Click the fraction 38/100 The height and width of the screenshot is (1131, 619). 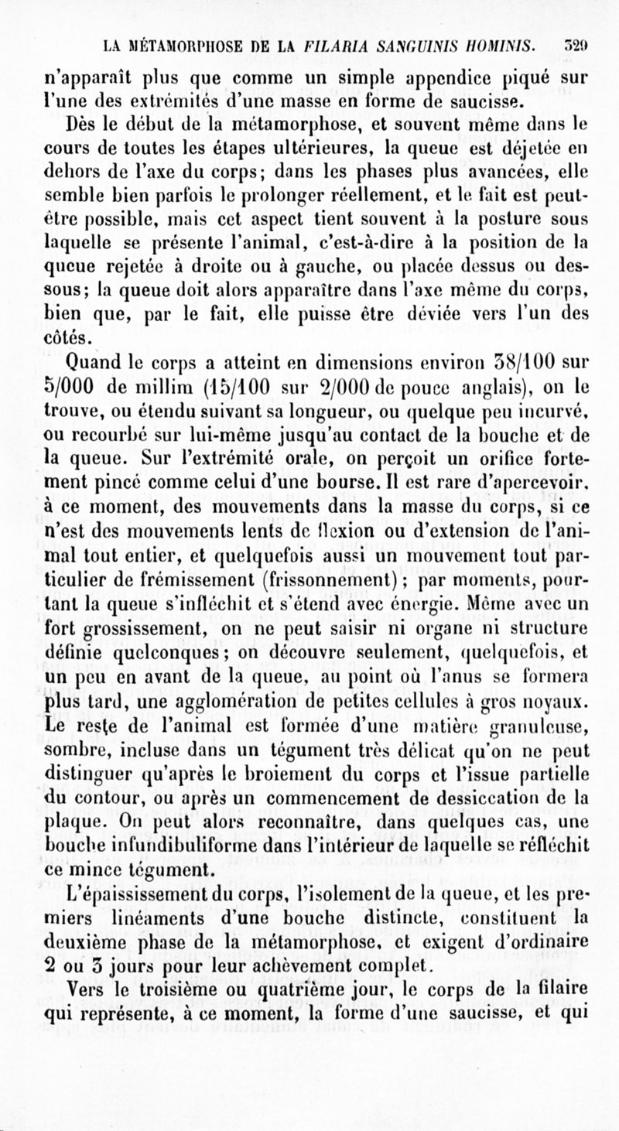click(526, 362)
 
